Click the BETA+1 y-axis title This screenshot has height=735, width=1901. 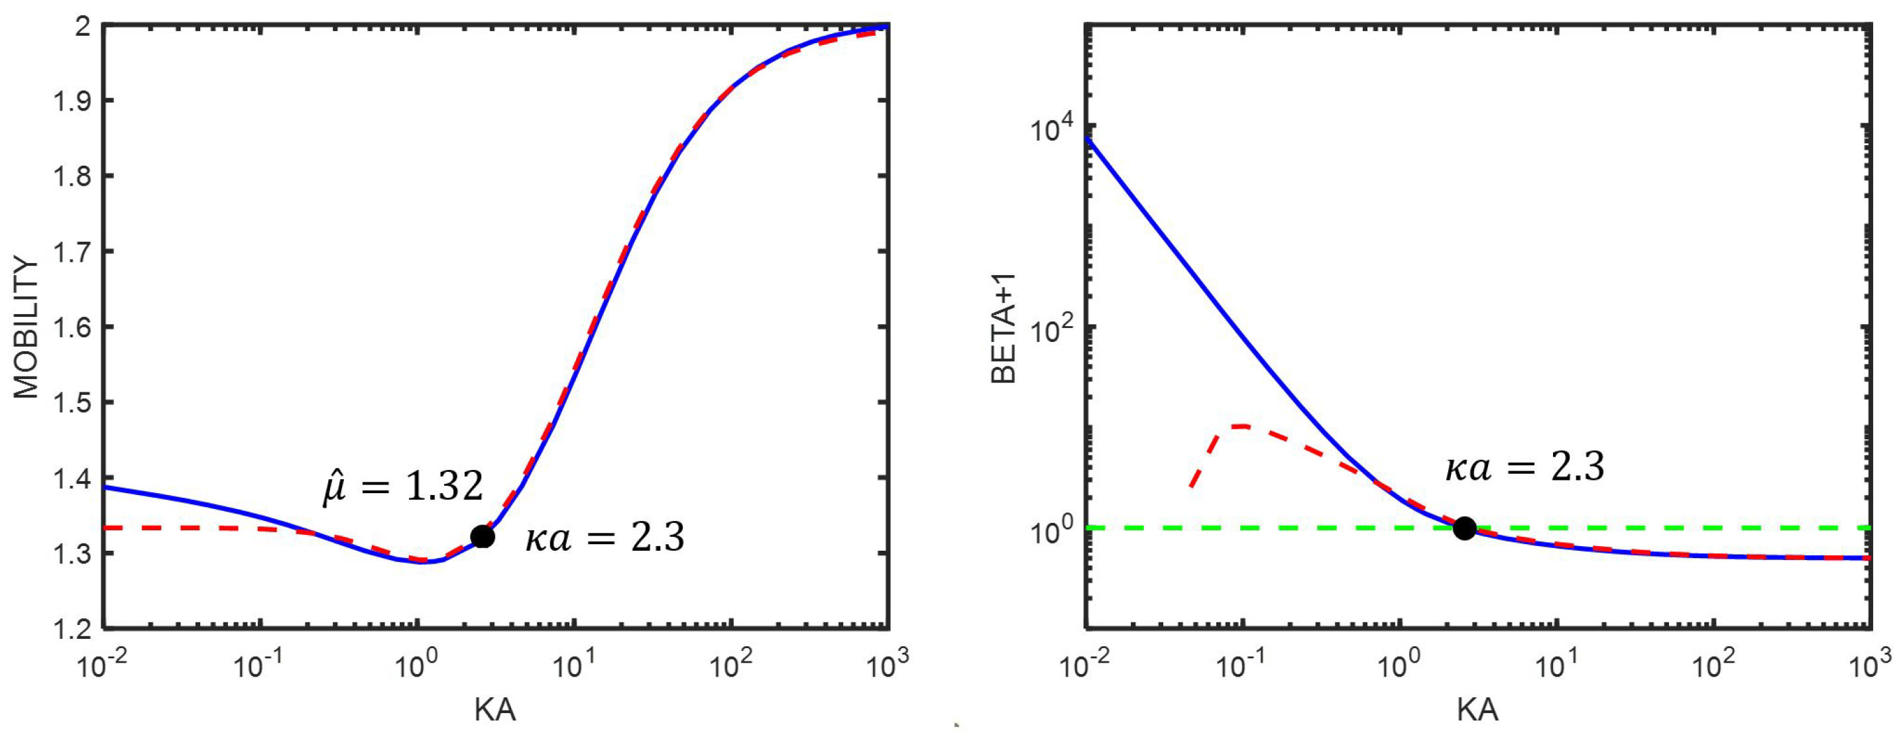coord(1004,327)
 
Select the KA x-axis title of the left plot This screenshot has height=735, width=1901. coord(494,709)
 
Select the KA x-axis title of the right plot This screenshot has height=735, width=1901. coord(1477,709)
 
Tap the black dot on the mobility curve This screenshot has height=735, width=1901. coord(482,536)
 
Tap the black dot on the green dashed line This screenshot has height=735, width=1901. coord(1464,528)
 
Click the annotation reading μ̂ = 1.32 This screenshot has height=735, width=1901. coord(403,487)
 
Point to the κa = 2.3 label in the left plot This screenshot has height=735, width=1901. coord(605,537)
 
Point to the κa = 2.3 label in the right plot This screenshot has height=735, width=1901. coord(1525,467)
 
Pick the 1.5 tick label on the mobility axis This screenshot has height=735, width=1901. coord(72,403)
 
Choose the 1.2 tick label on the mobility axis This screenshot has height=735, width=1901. coord(72,629)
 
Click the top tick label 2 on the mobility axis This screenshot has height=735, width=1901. coord(83,27)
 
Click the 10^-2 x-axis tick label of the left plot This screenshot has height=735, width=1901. coord(102,664)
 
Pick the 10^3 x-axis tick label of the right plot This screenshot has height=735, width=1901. coord(1867,664)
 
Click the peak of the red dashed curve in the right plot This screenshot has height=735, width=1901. coord(1243,425)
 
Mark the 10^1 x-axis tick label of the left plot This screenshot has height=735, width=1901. coord(573,664)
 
